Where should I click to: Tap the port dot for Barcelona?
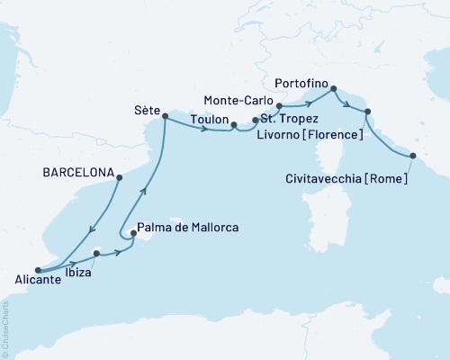118,177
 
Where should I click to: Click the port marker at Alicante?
37,269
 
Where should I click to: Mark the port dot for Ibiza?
96,253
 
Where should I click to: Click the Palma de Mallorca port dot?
133,236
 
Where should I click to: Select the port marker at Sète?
164,115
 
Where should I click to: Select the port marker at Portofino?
333,88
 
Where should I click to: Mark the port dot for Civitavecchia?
413,156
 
